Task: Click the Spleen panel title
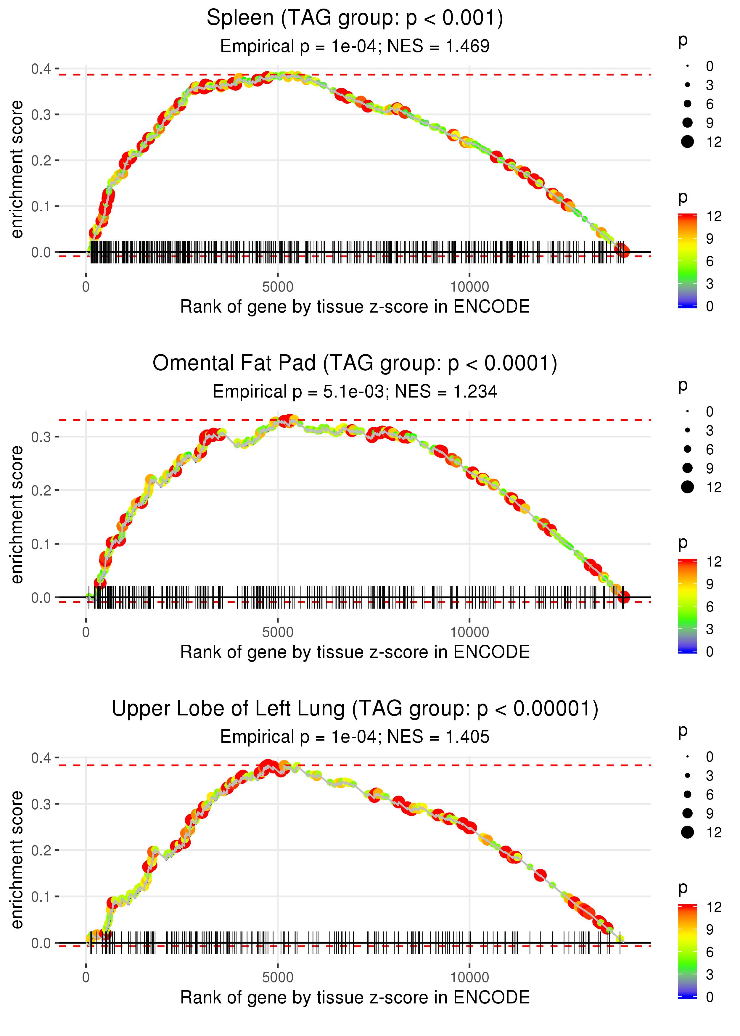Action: (355, 18)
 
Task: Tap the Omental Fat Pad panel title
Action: (355, 363)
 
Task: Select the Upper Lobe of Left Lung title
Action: (355, 709)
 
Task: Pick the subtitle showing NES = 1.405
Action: (355, 737)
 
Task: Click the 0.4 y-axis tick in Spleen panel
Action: (41, 69)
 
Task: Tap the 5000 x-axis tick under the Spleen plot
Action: (278, 287)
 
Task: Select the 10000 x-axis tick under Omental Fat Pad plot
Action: (469, 632)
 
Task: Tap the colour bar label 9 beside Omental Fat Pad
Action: (710, 584)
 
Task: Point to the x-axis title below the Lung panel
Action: (355, 998)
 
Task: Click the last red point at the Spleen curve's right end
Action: (624, 251)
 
